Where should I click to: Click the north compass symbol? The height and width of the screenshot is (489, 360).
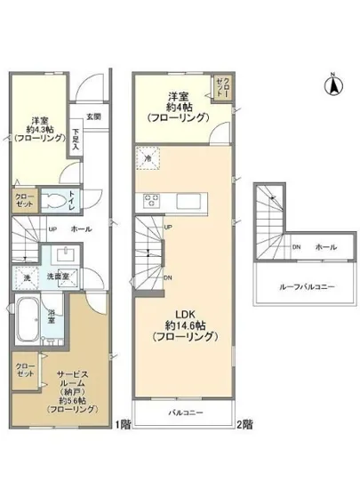(x=334, y=84)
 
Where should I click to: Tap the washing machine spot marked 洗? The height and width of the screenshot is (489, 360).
(x=28, y=277)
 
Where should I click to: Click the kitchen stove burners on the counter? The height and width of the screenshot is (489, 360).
(x=148, y=198)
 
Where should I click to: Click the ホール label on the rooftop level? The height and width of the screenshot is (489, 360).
(x=325, y=246)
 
